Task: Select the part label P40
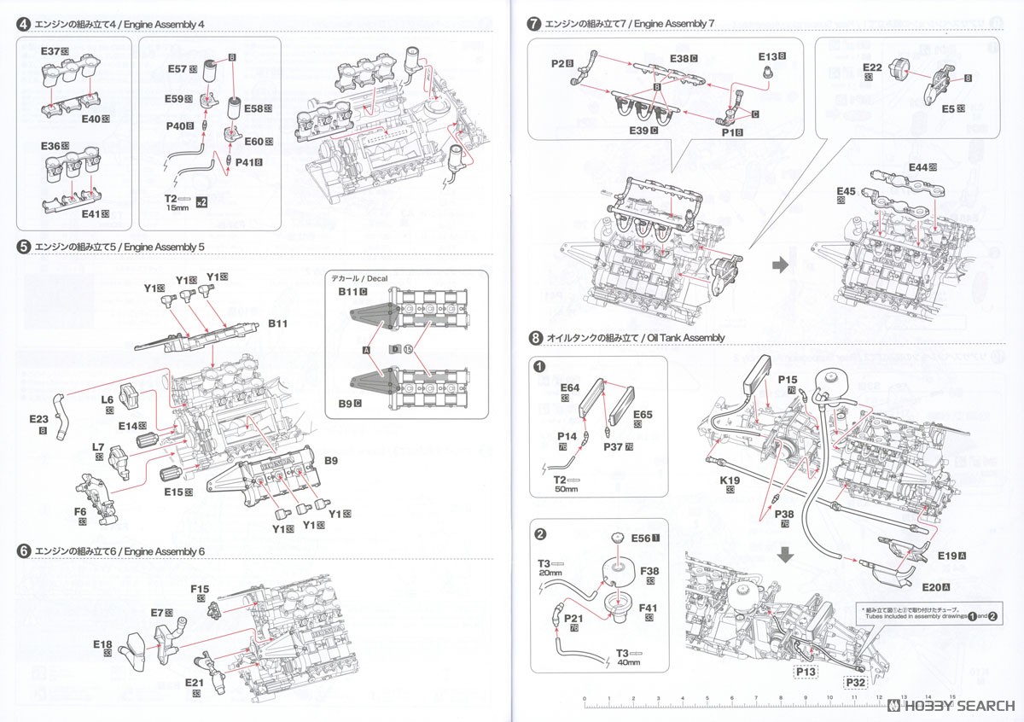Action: [177, 126]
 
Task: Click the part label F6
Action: [80, 512]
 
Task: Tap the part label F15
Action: [200, 589]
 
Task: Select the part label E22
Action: [872, 67]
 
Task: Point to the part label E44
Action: [918, 167]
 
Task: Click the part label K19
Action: [729, 480]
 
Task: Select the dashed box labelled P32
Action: [857, 681]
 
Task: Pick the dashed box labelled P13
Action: [806, 672]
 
